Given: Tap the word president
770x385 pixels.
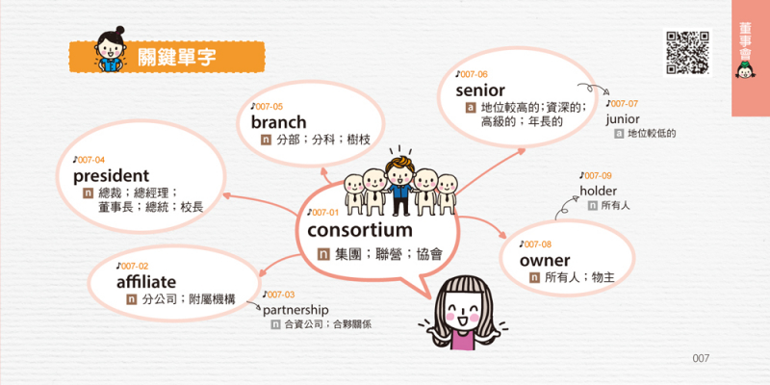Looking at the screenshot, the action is coord(111,176).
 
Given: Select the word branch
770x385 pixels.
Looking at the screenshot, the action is coord(278,122).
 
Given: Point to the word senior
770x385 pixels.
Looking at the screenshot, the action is coord(479,90).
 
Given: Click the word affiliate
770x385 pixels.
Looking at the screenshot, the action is coord(146,282).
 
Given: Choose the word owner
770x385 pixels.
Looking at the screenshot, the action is coord(545,260).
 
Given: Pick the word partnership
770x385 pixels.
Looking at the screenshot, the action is coord(295,310).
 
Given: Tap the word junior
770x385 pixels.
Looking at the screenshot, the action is coord(622,118).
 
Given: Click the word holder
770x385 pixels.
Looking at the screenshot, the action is coord(598,191).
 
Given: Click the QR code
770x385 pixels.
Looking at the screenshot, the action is coord(687,52).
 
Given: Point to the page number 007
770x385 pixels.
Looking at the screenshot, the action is coord(701,358).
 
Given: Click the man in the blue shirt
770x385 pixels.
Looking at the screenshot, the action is coord(399,187).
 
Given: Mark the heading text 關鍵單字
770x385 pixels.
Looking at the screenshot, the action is coord(176,57).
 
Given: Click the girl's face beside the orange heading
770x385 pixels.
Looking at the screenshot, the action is coord(109,46).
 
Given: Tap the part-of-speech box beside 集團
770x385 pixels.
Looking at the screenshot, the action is coord(323,254).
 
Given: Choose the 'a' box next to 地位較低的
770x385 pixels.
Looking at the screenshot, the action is coord(619,134).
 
